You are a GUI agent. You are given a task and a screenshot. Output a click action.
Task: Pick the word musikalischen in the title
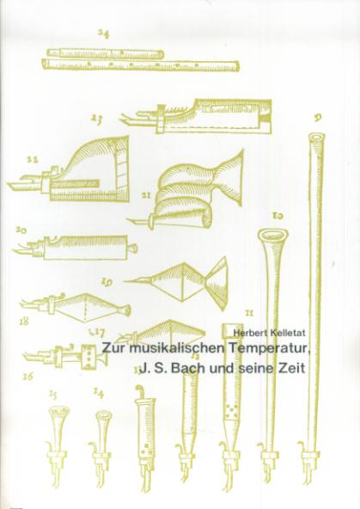tap(176, 348)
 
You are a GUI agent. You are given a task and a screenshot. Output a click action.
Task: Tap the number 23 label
tap(96, 120)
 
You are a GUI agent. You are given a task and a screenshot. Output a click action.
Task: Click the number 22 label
tap(34, 159)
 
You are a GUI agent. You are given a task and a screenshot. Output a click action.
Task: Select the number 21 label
tap(146, 196)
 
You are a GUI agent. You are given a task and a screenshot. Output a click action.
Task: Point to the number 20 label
tap(21, 230)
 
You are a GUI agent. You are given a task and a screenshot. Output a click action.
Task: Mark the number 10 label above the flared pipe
tap(278, 215)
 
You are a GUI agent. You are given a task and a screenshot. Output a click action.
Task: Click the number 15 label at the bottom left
tap(53, 395)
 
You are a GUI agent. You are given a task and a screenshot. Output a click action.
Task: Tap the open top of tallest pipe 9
tap(316, 138)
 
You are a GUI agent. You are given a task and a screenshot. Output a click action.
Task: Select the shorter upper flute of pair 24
tap(105, 53)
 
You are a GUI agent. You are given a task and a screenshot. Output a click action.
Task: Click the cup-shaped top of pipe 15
tap(59, 412)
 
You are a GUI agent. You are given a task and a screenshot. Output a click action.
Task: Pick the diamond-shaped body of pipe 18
tap(86, 308)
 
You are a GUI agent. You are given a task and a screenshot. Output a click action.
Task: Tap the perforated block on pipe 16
tap(88, 357)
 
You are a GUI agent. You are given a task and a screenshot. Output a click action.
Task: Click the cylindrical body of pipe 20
tap(85, 248)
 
